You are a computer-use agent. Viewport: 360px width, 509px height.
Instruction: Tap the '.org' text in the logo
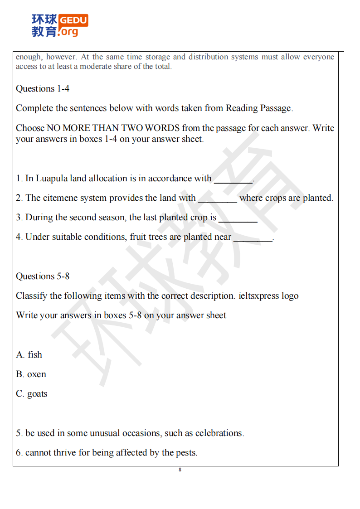pos(68,32)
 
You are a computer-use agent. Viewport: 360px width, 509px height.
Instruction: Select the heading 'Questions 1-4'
pos(43,88)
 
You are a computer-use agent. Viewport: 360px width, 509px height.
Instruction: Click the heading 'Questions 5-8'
pos(43,276)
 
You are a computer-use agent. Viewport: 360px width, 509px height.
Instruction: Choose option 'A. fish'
pos(29,354)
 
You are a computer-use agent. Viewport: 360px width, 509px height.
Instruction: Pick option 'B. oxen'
pos(31,374)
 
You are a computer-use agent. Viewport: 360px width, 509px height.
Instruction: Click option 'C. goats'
pos(32,393)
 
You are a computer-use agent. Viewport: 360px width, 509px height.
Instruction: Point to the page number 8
pos(180,470)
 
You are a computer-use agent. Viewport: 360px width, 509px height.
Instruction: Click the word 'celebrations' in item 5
pos(219,433)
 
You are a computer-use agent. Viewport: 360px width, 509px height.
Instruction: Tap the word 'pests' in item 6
pos(186,452)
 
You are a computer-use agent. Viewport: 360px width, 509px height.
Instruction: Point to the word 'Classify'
pos(32,296)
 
